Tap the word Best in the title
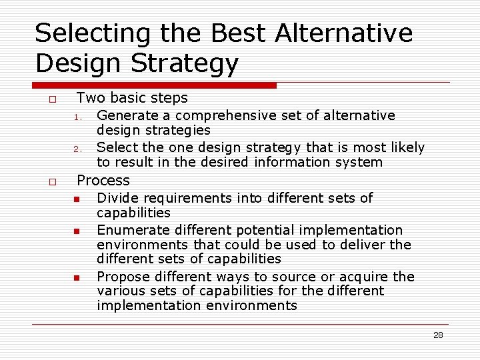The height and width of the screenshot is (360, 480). pos(233,33)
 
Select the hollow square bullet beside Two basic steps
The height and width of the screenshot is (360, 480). pos(51,99)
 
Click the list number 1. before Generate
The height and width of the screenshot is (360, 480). pos(77,117)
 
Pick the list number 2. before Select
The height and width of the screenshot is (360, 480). pos(77,149)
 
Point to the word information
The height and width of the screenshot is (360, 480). pos(289,162)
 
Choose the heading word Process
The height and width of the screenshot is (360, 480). pos(103,180)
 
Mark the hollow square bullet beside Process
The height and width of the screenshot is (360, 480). pos(51,182)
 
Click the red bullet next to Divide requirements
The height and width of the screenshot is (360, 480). pos(77,199)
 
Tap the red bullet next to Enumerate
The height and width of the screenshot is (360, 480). pos(77,231)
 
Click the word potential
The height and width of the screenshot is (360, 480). pos(264,230)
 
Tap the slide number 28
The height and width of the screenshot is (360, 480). pos(438,335)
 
